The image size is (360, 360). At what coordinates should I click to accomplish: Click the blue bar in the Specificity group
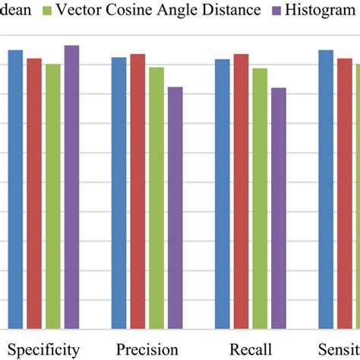[15, 189]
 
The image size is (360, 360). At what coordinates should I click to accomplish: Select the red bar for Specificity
[34, 193]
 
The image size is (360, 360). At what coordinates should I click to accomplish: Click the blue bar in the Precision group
[119, 193]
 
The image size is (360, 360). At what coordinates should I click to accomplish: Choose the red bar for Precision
[137, 191]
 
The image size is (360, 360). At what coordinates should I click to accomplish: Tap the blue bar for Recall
[222, 194]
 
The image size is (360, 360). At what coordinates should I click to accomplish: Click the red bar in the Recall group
[241, 191]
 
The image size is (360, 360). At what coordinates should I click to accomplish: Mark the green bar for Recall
[260, 198]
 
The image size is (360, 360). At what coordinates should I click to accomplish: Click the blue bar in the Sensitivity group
[326, 189]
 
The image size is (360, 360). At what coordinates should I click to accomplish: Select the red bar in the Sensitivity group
[344, 193]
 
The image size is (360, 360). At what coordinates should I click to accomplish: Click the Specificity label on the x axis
[43, 349]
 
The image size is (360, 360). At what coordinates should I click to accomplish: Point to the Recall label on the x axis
[250, 349]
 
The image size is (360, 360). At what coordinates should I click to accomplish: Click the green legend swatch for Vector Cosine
[47, 11]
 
